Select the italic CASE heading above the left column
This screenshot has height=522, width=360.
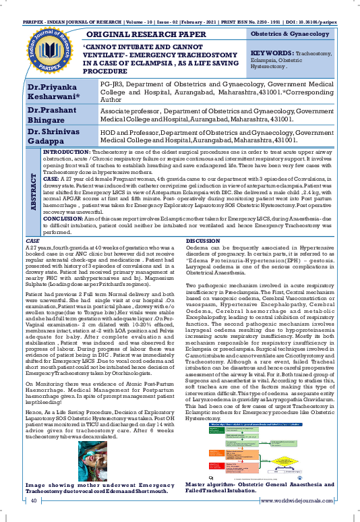click(x=32, y=222)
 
